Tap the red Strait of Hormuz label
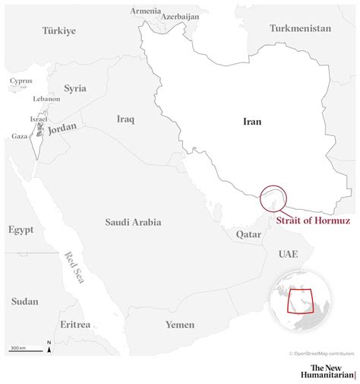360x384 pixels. pos(314,221)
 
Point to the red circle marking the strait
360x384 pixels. pos(273,198)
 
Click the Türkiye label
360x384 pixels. pos(58,30)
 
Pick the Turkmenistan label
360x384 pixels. pos(300,28)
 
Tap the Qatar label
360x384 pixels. pos(248,235)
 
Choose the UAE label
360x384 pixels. pos(288,253)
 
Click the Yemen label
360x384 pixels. pos(180,325)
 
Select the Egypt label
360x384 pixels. pos(21,229)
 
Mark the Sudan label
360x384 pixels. pos(24,301)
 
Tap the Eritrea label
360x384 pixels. pos(75,325)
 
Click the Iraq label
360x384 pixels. pos(125,119)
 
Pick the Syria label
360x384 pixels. pos(75,88)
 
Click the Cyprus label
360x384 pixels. pos(21,80)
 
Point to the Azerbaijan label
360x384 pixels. pos(179,16)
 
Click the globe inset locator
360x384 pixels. pos(302,302)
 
